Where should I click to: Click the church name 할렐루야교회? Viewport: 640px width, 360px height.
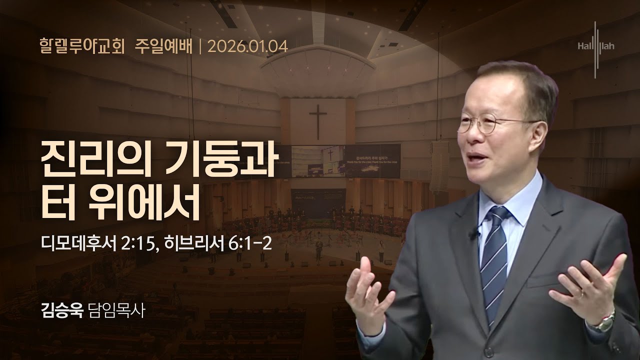click(x=82, y=47)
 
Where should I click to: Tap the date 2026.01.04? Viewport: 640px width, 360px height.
click(x=247, y=47)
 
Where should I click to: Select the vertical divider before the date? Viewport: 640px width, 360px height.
click(x=199, y=47)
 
